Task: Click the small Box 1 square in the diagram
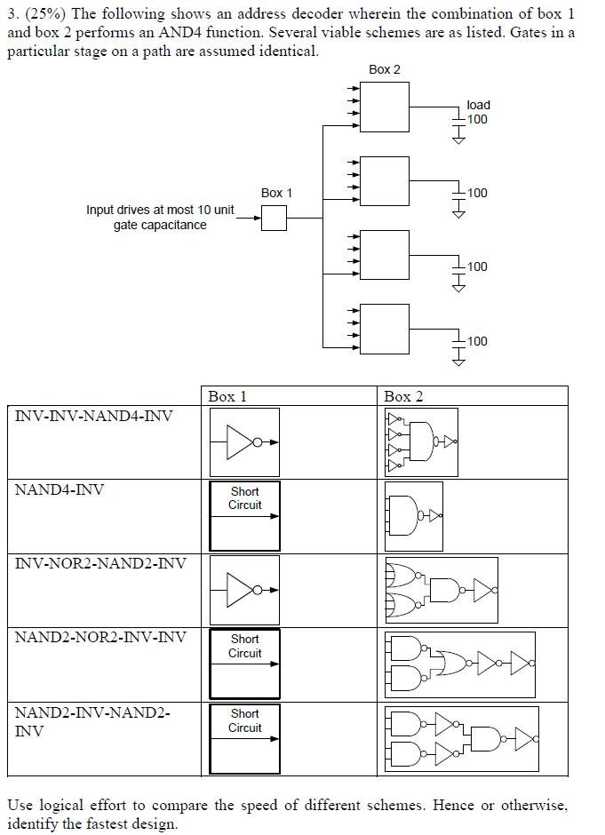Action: [x=274, y=218]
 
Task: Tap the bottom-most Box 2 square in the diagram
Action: [x=385, y=329]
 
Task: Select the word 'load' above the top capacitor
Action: [x=478, y=105]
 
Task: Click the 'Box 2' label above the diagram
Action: [x=384, y=69]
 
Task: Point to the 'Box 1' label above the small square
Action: [x=276, y=193]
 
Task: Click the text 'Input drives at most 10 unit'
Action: [x=160, y=210]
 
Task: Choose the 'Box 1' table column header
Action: [x=227, y=396]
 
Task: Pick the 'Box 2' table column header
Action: [x=403, y=396]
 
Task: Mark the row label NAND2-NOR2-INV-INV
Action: [x=100, y=637]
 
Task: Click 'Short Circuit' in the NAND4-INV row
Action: [x=244, y=498]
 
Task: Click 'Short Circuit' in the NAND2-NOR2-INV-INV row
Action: [x=244, y=646]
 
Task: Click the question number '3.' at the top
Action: [x=12, y=14]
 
